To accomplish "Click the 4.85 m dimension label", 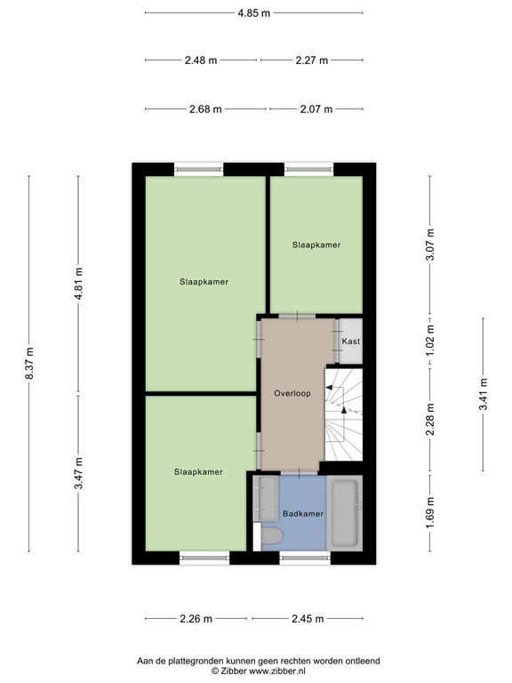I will point(253,13).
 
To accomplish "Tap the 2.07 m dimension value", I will point(316,109).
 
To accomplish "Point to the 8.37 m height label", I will point(29,364).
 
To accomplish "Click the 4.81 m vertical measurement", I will point(78,284).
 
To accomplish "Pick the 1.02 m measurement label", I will point(429,341).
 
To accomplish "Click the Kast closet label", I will point(350,341).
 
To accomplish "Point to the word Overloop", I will point(292,393).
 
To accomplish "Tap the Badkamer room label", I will point(303,514).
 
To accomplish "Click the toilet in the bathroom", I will point(271,536).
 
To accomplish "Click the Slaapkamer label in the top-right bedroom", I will point(316,245).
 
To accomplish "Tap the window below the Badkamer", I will point(304,558).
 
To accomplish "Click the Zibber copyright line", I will point(257,671).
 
